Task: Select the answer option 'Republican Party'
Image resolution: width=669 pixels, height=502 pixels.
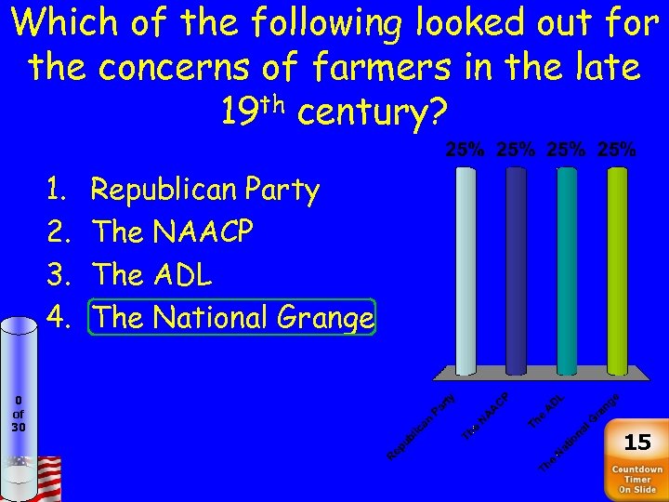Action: (204, 190)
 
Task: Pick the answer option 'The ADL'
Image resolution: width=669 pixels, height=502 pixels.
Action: (152, 275)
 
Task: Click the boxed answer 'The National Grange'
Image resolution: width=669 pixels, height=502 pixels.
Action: (233, 318)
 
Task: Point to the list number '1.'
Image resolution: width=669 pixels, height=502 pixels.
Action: (58, 190)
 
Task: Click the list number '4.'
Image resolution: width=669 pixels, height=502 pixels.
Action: (58, 318)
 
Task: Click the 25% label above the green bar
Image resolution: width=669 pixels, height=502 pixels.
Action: (617, 149)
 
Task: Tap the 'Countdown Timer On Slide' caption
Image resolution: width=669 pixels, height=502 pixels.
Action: (636, 479)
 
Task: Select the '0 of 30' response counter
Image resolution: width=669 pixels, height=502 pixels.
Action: (19, 414)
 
